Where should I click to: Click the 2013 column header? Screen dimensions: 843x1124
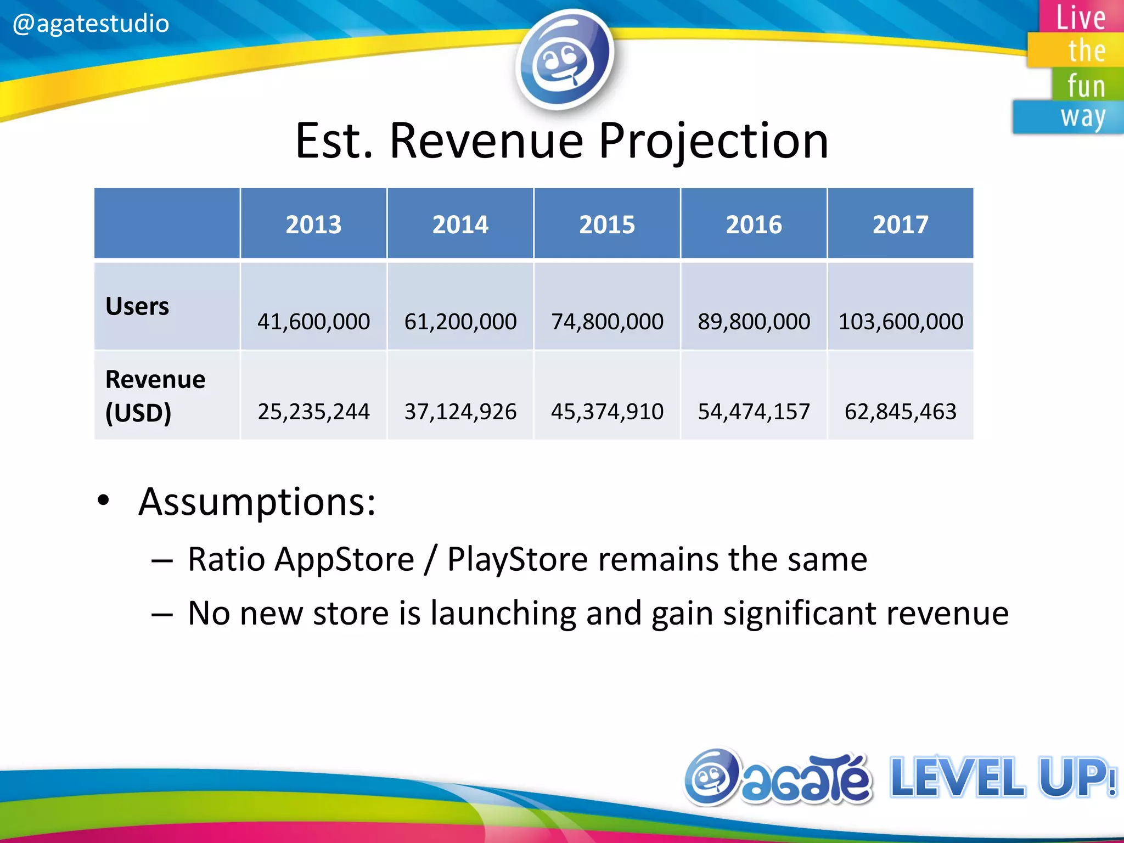pos(313,224)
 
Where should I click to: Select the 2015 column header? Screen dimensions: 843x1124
pos(607,224)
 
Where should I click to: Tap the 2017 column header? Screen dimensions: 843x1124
pos(900,224)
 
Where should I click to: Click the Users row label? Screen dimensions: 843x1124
pos(137,306)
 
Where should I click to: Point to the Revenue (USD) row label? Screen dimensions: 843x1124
pos(155,395)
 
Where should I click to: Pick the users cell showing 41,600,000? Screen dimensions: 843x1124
pos(313,321)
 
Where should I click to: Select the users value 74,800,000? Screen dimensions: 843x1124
pos(607,321)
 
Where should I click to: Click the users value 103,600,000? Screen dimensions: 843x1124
pos(900,321)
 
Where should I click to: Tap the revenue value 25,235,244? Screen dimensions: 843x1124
pos(313,411)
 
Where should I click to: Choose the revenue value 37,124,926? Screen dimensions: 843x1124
pos(460,411)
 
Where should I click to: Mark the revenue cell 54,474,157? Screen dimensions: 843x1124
pos(754,411)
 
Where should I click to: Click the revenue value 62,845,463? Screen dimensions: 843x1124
pos(900,411)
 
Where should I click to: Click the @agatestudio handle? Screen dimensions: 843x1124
pos(91,24)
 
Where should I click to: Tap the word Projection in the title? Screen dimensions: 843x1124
pos(713,142)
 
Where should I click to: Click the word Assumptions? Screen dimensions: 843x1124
pos(257,502)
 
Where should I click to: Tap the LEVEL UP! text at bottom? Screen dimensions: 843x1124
pos(1002,777)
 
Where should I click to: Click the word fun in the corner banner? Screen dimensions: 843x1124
pos(1086,86)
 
